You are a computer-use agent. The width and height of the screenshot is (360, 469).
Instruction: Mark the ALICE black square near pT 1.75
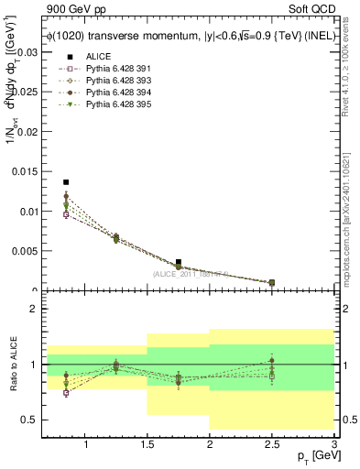pos(178,262)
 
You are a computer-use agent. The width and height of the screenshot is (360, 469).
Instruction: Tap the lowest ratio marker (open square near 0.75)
pos(66,392)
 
